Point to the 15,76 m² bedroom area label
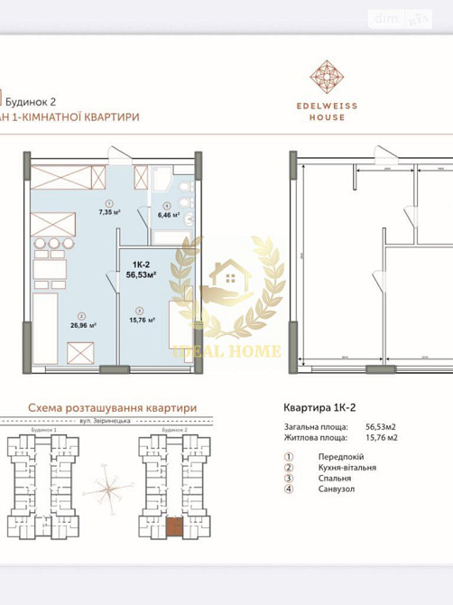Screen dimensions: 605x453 tap(143, 319)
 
